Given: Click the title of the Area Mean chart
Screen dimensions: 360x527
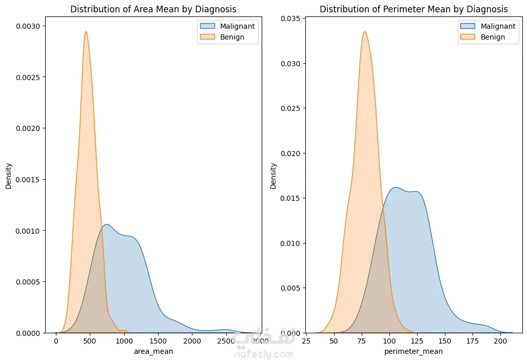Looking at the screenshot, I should click(x=153, y=9).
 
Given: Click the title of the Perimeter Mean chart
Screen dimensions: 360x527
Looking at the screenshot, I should click(x=414, y=9).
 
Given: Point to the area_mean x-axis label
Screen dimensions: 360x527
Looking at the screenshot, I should click(x=153, y=351).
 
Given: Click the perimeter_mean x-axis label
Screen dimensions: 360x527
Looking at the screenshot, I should click(x=413, y=351).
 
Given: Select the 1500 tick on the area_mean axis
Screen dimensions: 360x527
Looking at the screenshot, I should click(x=158, y=341).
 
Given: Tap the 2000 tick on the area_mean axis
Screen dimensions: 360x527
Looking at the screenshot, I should click(x=192, y=341).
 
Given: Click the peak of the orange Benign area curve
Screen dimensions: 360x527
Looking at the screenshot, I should click(x=86, y=32).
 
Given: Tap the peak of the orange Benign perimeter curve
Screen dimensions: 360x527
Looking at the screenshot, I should click(x=364, y=32).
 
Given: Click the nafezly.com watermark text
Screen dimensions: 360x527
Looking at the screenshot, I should click(x=264, y=354).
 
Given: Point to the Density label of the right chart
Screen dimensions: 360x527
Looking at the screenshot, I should click(x=274, y=176).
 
